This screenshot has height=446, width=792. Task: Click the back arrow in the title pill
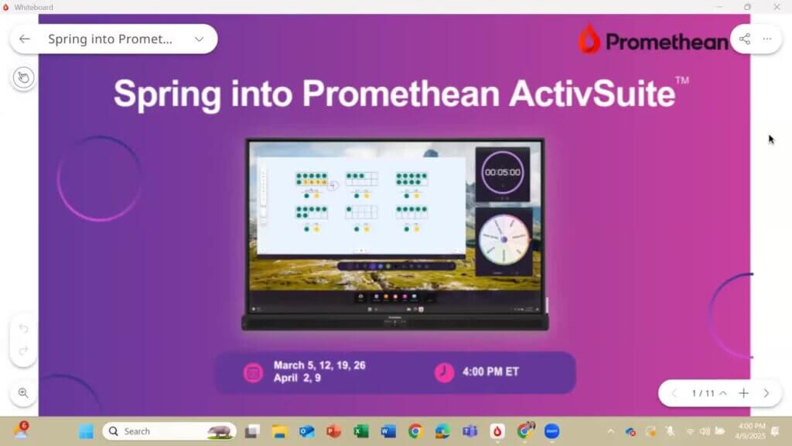point(25,39)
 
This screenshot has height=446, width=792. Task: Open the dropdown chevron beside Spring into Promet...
point(199,39)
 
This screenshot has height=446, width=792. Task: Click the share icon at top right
point(744,39)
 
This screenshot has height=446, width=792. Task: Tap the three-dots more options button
point(767,39)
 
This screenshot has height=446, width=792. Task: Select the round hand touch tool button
point(23,77)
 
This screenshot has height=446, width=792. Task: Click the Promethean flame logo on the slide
point(590,39)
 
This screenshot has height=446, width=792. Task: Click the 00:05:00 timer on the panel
point(502,172)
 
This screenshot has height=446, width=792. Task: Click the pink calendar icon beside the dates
point(253,372)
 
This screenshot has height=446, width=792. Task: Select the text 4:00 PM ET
point(490,372)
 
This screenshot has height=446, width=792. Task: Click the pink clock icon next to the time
point(444,372)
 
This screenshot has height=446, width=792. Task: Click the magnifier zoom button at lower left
point(23,393)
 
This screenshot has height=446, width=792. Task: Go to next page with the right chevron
point(766,393)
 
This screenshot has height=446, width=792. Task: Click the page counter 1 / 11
point(703,393)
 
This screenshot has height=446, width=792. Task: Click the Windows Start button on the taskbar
point(86,431)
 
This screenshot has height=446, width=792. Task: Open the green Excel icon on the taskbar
point(361,431)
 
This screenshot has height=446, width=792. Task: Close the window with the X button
point(777,7)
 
